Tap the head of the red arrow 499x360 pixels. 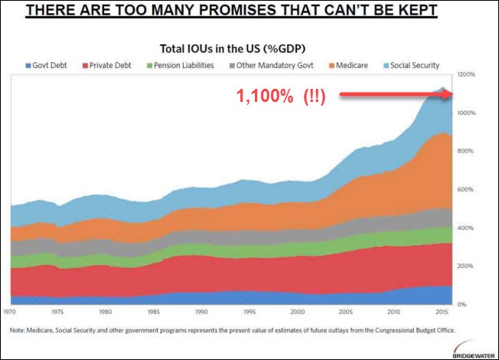[452, 94]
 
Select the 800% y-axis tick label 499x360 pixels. [468, 151]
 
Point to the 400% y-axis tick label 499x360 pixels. [468, 228]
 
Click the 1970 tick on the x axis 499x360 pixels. [11, 313]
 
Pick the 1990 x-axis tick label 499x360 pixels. [201, 313]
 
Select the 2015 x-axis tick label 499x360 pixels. [441, 313]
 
